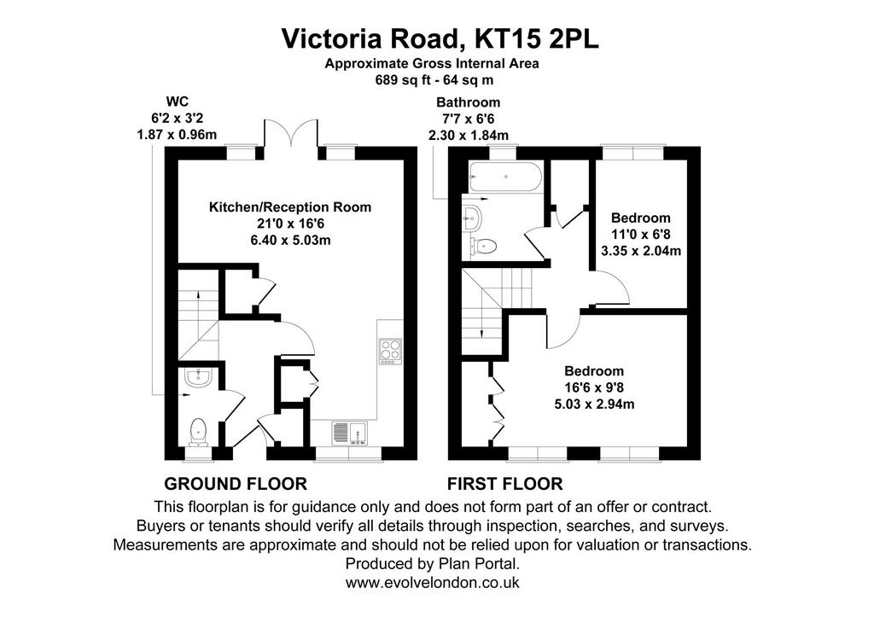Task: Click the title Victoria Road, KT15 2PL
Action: [x=440, y=38]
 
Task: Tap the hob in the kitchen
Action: [x=389, y=351]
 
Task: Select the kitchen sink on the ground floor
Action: [x=349, y=433]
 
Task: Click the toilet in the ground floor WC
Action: [x=198, y=433]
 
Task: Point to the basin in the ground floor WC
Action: [x=199, y=378]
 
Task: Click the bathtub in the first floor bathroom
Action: [x=505, y=178]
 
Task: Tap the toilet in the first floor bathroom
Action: [x=484, y=245]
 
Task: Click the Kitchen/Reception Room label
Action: [x=290, y=207]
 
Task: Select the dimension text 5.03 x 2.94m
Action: [x=594, y=405]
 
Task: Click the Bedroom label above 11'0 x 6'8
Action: [x=640, y=218]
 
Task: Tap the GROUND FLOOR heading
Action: [x=236, y=484]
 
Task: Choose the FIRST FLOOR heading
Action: [x=505, y=484]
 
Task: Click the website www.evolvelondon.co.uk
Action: [x=433, y=583]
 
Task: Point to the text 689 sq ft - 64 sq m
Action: [x=434, y=80]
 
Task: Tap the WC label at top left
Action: [x=178, y=102]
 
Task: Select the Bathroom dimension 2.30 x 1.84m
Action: [x=469, y=136]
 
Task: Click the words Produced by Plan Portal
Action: [x=433, y=563]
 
